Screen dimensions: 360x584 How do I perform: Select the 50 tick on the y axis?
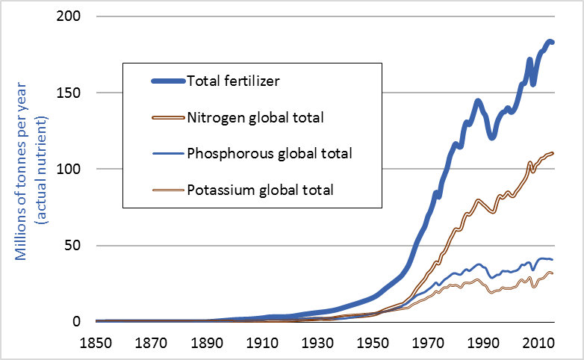coord(75,245)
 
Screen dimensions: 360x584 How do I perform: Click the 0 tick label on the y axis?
coord(79,322)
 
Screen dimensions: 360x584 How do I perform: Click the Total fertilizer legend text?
coord(233,81)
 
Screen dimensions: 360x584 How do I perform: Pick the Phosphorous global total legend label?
coord(270,153)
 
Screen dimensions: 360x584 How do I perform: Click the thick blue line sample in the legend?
coord(157,81)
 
